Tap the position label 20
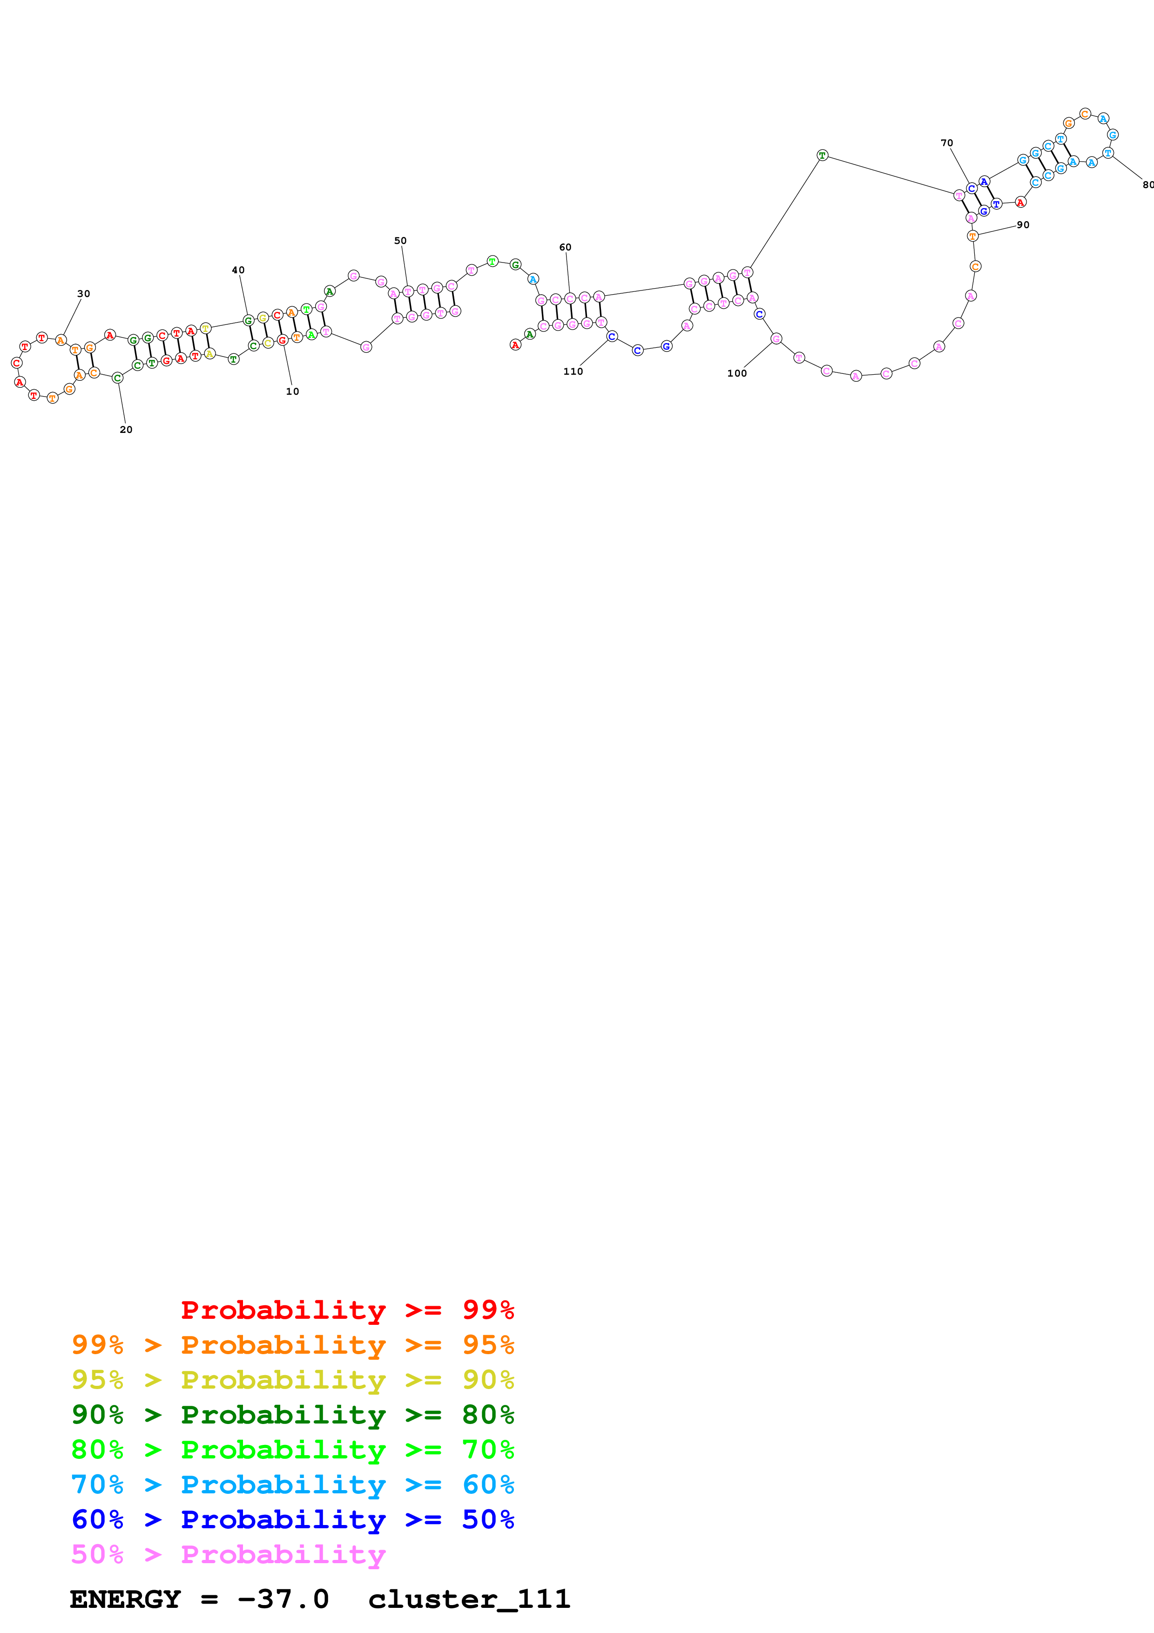[126, 430]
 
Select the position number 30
[83, 294]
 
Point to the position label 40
[238, 270]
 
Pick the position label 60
[565, 248]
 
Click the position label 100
[736, 373]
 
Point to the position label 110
[573, 371]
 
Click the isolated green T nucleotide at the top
[823, 155]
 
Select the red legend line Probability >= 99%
[348, 1310]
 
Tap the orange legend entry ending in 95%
[292, 1345]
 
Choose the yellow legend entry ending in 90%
[292, 1380]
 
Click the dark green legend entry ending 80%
[292, 1415]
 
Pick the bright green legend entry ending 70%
[292, 1450]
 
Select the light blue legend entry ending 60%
[292, 1485]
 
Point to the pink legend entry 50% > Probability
[228, 1554]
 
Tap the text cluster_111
[469, 1599]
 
